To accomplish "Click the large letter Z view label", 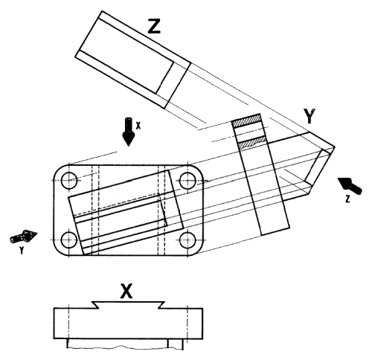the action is tap(154, 27).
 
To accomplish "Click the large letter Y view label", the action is tap(310, 115).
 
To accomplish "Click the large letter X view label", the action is tap(126, 291).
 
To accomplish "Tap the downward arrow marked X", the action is tap(128, 132).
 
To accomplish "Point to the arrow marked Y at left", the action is tap(24, 237).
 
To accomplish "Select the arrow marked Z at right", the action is tap(350, 185).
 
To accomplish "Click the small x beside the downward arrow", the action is tap(138, 126).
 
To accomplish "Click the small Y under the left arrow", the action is tap(22, 251).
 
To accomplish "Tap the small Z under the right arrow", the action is tap(347, 199).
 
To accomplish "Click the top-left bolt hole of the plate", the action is tap(69, 180).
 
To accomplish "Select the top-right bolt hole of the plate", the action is tap(187, 181).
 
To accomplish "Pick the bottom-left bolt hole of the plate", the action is tap(68, 240).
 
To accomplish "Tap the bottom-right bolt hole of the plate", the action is tap(187, 240).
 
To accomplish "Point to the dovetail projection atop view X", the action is tap(128, 305).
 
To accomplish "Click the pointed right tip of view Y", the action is tap(335, 147).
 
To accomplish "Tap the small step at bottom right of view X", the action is tap(176, 344).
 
